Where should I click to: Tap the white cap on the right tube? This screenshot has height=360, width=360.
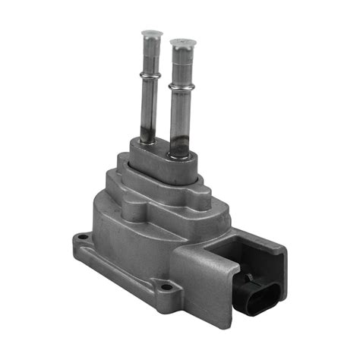tap(181, 43)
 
